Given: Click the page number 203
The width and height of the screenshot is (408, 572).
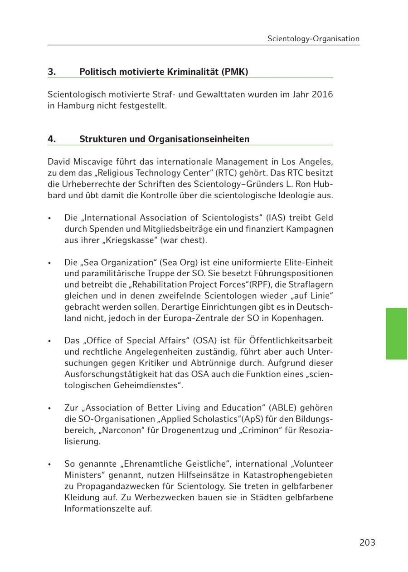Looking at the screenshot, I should pyautogui.click(x=367, y=543).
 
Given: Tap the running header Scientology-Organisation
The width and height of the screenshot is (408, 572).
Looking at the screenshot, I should pyautogui.click(x=313, y=39).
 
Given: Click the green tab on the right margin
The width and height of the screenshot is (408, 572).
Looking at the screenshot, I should pyautogui.click(x=397, y=333).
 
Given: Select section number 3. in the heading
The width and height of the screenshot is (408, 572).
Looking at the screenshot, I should pyautogui.click(x=52, y=72).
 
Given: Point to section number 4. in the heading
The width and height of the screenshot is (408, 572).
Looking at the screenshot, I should pyautogui.click(x=52, y=139).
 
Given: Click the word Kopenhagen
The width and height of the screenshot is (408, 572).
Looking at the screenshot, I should pyautogui.click(x=297, y=318).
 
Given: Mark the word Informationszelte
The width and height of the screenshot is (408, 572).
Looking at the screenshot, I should pyautogui.click(x=99, y=508).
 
